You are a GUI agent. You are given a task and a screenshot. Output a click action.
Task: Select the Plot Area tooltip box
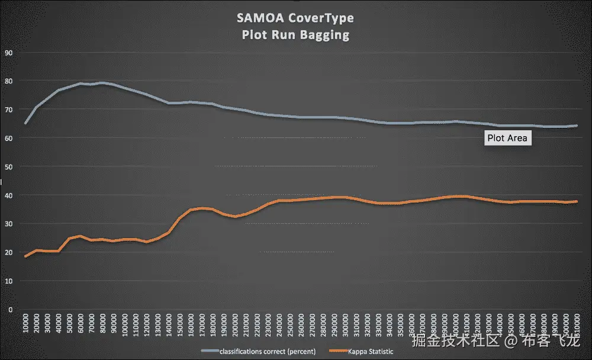tap(507, 139)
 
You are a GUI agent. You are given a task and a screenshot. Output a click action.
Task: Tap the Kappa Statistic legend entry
tap(370, 352)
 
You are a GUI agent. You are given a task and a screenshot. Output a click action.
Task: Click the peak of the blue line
tap(102, 83)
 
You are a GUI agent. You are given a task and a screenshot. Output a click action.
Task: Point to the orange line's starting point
tap(25, 256)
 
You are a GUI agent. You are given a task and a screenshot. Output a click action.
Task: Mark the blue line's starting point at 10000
tap(25, 123)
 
